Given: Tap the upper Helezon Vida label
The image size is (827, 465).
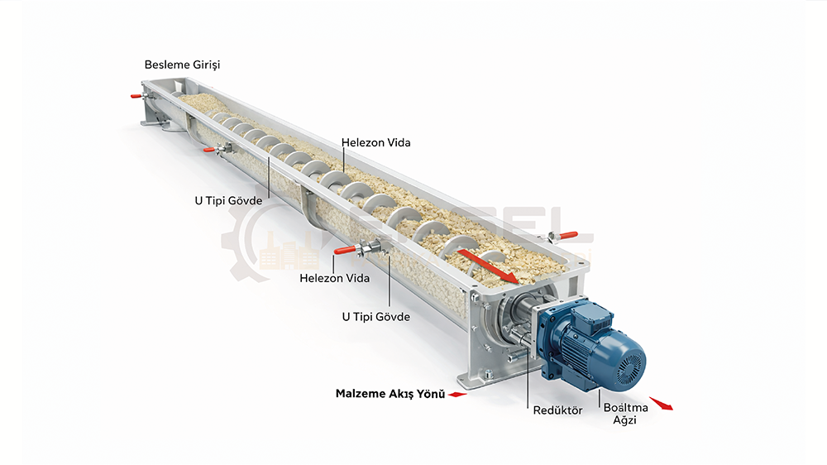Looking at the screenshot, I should click(x=375, y=142).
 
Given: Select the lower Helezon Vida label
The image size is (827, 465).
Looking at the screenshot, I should click(x=334, y=278).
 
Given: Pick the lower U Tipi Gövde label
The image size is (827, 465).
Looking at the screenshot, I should click(x=375, y=316).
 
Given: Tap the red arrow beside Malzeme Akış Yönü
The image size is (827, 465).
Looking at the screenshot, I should click(x=457, y=395).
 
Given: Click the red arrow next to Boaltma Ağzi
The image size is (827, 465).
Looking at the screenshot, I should click(x=661, y=404).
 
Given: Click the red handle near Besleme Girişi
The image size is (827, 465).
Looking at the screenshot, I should click(x=136, y=96).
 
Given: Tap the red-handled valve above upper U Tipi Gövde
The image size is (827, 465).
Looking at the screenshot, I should click(x=210, y=150).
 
